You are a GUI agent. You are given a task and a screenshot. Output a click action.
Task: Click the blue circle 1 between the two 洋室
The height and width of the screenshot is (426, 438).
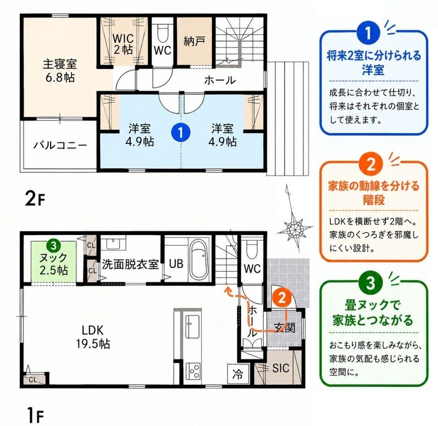(x=181, y=132)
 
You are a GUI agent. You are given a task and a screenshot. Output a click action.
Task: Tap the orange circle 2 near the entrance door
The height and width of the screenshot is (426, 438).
(x=282, y=298)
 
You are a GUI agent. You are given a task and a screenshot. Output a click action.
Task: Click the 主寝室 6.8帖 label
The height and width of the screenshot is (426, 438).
(x=60, y=71)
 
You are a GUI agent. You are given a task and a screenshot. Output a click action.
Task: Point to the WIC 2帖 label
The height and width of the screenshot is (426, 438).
(x=123, y=44)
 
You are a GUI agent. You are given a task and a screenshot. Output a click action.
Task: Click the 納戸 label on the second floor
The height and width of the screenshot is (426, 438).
(x=195, y=42)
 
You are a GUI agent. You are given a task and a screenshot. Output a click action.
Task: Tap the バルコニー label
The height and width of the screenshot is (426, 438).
(x=60, y=145)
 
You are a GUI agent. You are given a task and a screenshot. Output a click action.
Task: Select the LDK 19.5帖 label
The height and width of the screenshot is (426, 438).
(x=93, y=336)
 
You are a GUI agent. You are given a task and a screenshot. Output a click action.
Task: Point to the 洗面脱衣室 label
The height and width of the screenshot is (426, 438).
(x=130, y=264)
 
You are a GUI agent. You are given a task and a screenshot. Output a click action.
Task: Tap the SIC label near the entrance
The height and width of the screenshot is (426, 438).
(x=281, y=368)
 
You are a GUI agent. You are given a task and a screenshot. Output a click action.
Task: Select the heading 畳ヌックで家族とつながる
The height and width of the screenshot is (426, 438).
(x=373, y=312)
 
